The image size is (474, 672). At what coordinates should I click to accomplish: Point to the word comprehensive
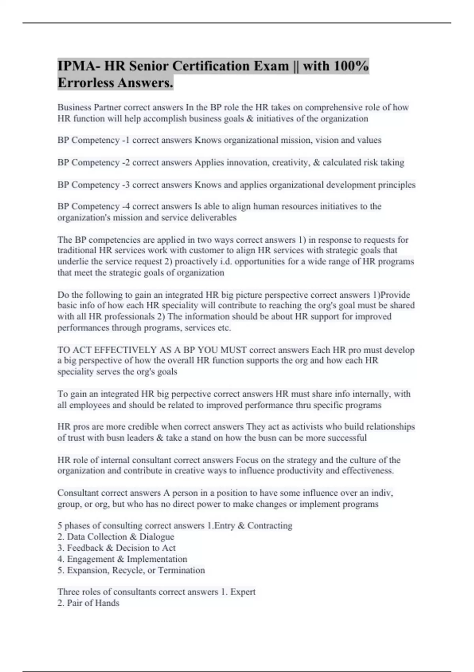pos(331,108)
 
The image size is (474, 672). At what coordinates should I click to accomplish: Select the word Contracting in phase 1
pos(270,526)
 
